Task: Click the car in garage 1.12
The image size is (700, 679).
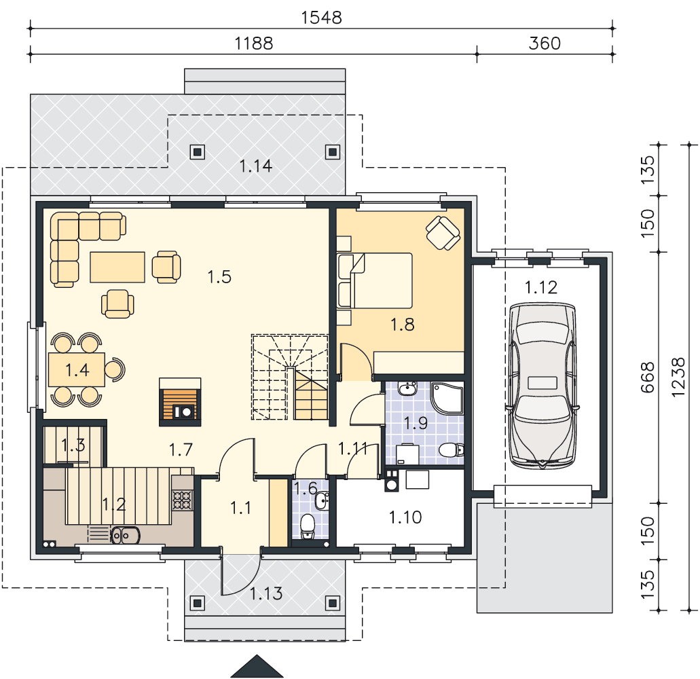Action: coord(542,386)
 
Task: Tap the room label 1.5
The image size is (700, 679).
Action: coord(219,277)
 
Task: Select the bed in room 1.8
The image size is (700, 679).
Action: coord(375,281)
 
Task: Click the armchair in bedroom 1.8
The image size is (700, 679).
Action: coord(443,233)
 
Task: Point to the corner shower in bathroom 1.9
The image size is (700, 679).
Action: coord(447,398)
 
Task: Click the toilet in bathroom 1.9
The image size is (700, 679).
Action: coord(452,450)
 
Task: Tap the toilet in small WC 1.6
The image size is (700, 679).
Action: coord(308,527)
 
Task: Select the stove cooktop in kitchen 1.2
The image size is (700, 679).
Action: coord(182,500)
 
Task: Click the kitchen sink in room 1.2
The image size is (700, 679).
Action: coord(125,535)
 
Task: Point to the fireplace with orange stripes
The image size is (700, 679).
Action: coord(180,402)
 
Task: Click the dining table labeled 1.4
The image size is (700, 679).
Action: coord(77,369)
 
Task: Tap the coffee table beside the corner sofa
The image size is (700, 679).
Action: coord(117,267)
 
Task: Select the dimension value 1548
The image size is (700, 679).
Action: coord(321,18)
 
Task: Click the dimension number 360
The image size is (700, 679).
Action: coord(545,43)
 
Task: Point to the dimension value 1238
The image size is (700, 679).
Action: coord(678,378)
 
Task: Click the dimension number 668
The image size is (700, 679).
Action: coord(647,378)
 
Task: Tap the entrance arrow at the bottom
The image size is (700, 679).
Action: coord(257,666)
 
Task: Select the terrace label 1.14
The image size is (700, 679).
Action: coord(255,166)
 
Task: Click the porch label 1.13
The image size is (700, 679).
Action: coord(266,593)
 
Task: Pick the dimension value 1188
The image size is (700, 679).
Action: coord(253,43)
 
